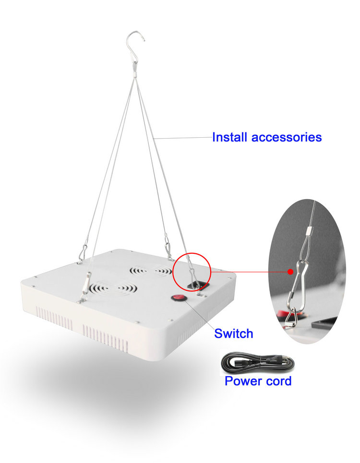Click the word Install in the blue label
tap(230, 137)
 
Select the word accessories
tap(287, 137)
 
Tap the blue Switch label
tap(233, 333)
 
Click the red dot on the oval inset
tap(290, 271)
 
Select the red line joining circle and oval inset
tap(250, 271)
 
